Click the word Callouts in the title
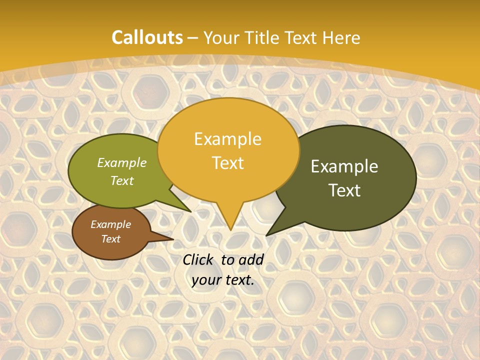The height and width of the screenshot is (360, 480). coord(147,37)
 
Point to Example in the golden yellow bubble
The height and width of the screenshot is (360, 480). coord(227,139)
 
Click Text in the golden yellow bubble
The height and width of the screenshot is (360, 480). coord(227,163)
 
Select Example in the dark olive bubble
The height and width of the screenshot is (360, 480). coord(344,166)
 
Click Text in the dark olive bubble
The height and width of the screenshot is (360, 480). coord(344,190)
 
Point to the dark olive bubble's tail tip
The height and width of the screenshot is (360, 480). coord(267,234)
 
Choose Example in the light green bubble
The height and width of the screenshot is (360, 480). coord(122,162)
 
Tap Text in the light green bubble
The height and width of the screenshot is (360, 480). coord(122,180)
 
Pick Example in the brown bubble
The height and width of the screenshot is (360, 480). coord(110,224)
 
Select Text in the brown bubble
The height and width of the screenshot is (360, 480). coord(110,239)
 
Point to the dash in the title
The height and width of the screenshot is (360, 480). coord(193,38)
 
